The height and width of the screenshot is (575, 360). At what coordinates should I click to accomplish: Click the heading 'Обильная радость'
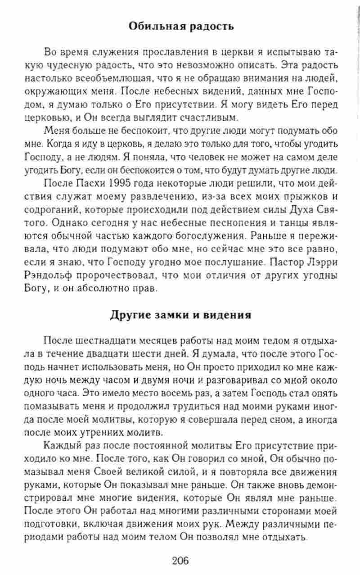181,26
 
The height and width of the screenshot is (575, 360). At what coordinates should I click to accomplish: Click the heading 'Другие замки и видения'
180,314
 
